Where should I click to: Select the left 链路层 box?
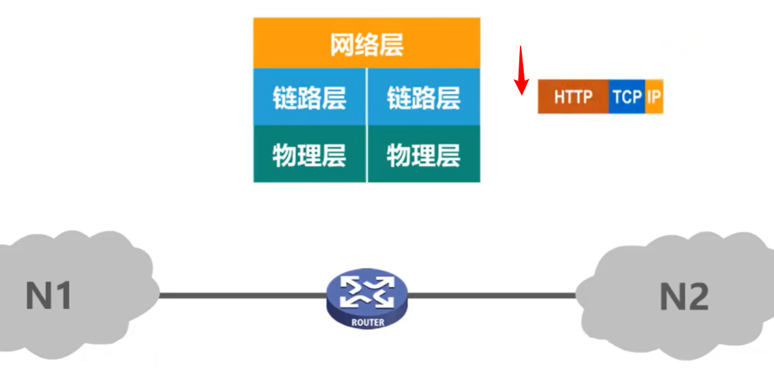309,98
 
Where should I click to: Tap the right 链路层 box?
424,98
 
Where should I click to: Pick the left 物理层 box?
309,154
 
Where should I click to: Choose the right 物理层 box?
424,154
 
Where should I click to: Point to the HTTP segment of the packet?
573,98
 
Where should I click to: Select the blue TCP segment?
627,98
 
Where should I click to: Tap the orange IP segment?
654,98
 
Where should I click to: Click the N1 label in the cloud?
48,296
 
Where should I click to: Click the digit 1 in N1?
63,296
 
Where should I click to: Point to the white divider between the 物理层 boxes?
367,154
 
